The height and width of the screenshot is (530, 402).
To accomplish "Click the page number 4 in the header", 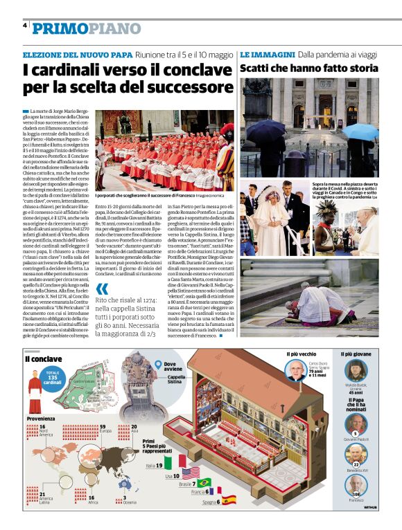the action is (25, 25).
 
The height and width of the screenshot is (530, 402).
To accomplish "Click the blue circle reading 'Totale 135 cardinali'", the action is (53, 378).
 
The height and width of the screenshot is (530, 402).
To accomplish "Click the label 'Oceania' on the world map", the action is (130, 502).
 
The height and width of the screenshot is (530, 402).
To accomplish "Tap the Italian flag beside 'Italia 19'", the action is (176, 462).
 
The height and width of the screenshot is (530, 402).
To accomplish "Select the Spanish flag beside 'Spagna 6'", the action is (229, 500).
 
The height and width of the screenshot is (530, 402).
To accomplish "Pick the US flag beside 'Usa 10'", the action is (191, 473).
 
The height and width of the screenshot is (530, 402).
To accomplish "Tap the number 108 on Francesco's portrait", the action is (356, 494).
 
